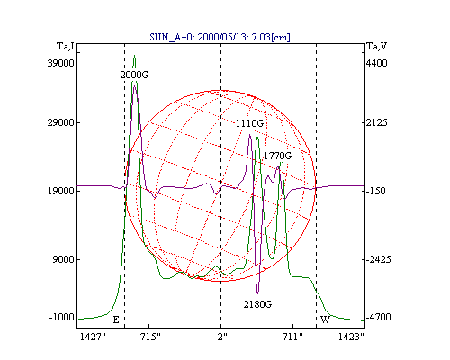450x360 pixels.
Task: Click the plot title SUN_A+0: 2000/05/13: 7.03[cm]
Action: point(220,37)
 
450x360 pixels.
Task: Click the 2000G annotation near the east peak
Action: point(134,75)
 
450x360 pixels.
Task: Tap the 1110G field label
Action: point(249,123)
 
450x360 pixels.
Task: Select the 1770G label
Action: point(277,156)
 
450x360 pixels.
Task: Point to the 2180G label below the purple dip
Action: point(257,304)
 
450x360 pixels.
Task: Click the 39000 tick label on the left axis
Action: point(60,63)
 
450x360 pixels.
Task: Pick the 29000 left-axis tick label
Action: point(60,122)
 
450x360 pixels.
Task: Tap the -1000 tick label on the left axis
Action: point(61,317)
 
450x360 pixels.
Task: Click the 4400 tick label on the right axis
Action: point(377,63)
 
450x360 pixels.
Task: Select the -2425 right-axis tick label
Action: point(378,259)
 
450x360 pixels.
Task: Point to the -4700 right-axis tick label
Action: point(378,317)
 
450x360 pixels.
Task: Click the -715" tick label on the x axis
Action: point(148,337)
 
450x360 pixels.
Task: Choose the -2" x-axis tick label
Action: point(220,337)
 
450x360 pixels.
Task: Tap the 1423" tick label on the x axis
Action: point(351,337)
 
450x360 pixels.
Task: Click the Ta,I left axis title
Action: point(66,47)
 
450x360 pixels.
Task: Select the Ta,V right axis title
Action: point(377,47)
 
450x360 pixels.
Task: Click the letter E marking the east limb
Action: point(116,319)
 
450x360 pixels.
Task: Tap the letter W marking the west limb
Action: point(325,319)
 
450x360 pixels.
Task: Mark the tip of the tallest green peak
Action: point(134,55)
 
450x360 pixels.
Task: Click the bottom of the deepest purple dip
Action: point(257,293)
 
